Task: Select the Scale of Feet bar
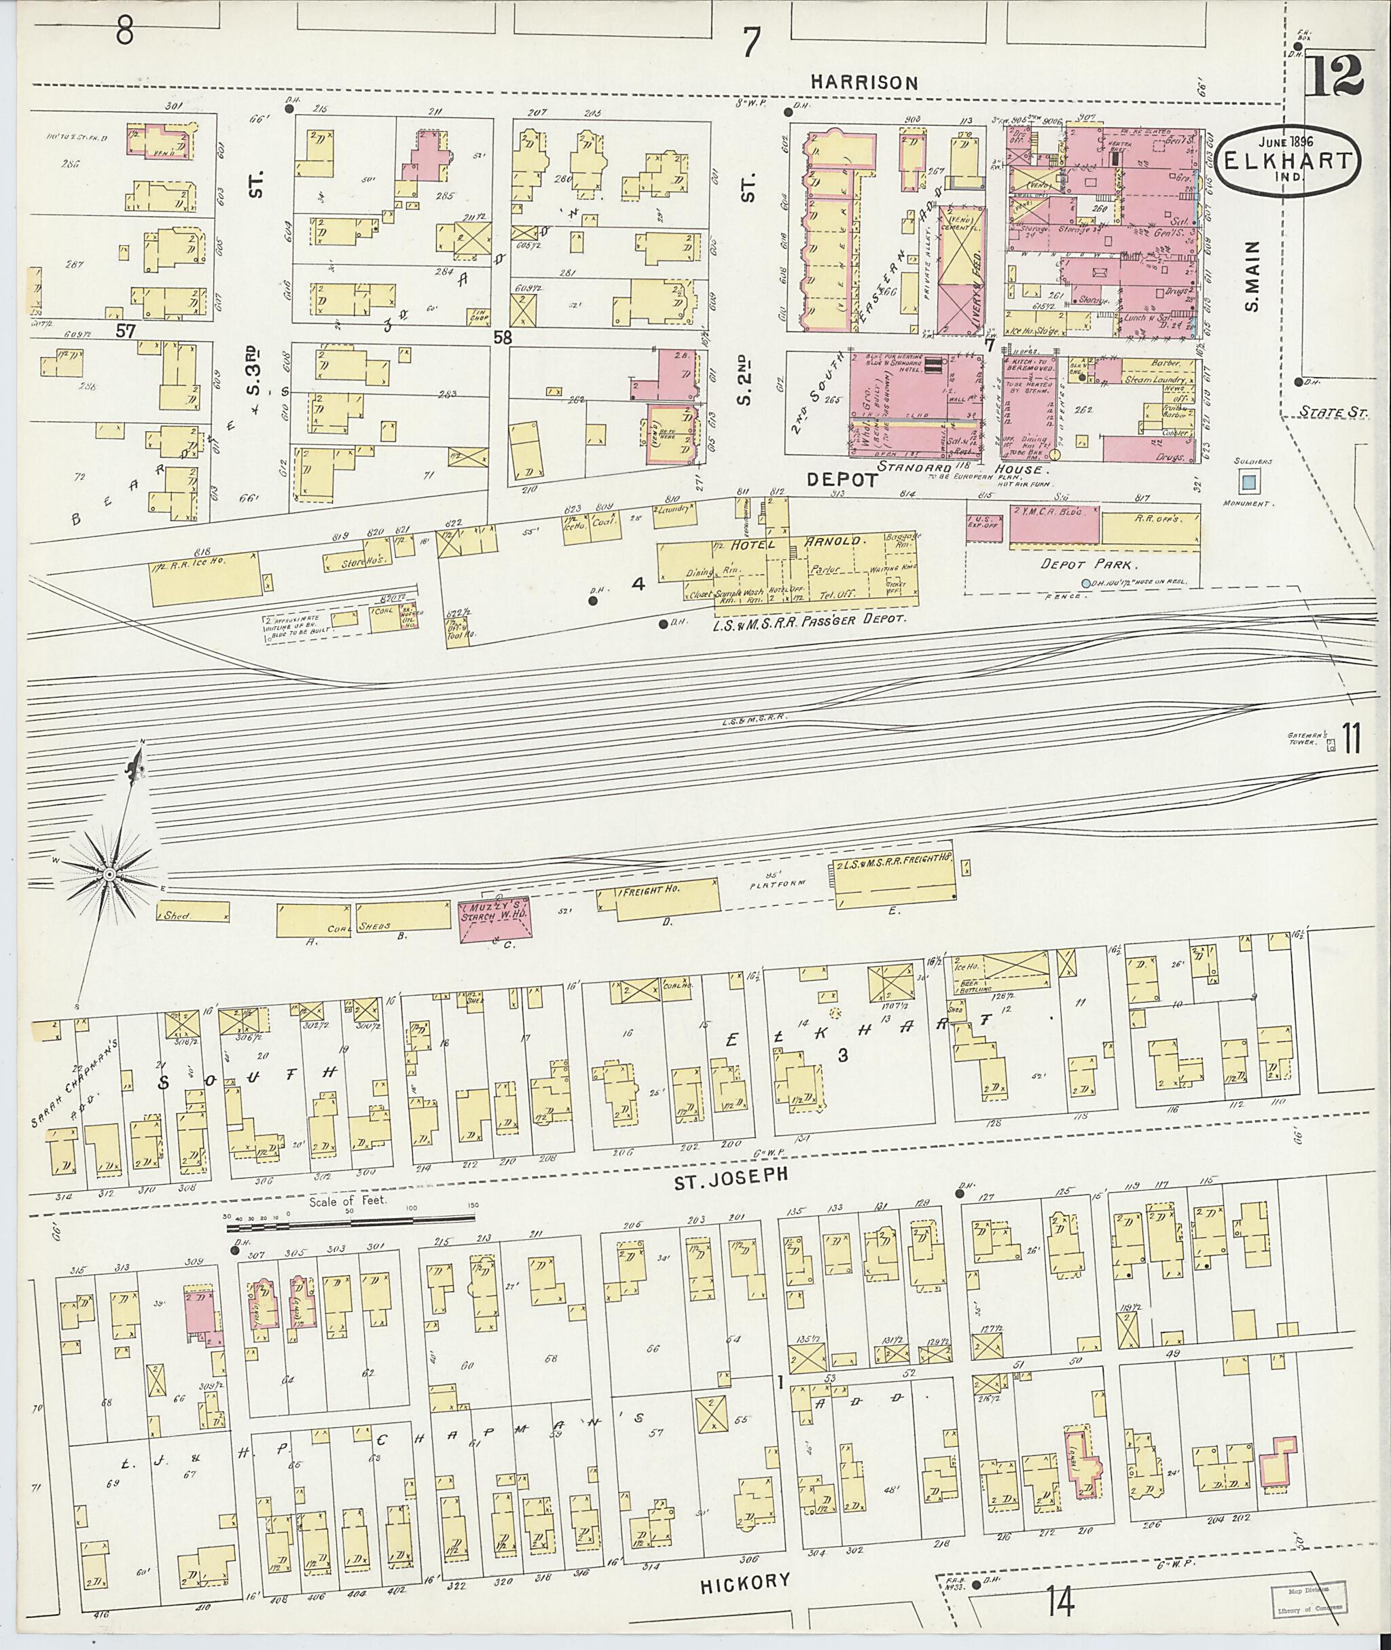click(351, 1227)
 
